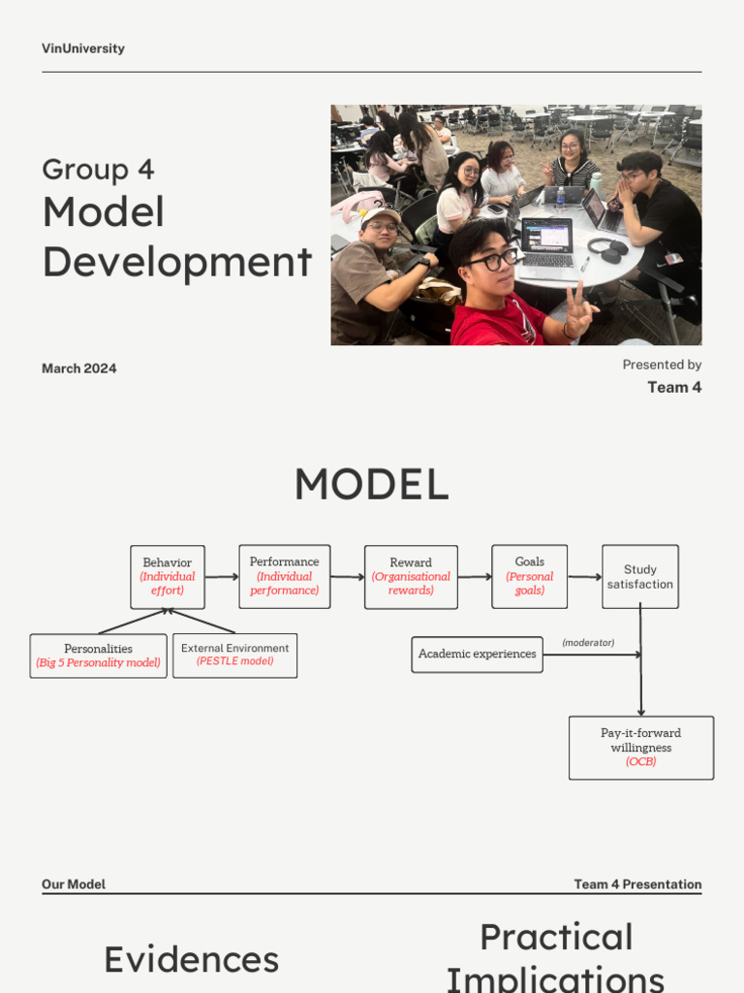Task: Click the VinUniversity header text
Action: click(x=83, y=48)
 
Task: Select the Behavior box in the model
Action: click(x=168, y=577)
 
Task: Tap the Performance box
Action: click(x=284, y=576)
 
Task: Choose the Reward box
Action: click(x=411, y=577)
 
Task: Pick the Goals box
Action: click(x=529, y=576)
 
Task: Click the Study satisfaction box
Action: click(x=639, y=577)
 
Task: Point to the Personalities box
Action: click(x=98, y=656)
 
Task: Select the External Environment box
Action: click(x=234, y=656)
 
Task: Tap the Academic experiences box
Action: click(x=477, y=655)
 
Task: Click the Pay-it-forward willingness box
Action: click(x=640, y=748)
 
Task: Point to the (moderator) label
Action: click(x=588, y=643)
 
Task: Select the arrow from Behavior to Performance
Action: click(x=222, y=577)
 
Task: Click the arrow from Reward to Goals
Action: click(x=475, y=577)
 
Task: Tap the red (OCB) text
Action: click(x=640, y=762)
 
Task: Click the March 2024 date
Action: click(x=79, y=368)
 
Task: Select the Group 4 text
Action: click(x=98, y=170)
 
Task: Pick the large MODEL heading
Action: click(x=371, y=485)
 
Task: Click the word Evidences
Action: click(x=191, y=960)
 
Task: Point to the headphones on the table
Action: click(x=607, y=249)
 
